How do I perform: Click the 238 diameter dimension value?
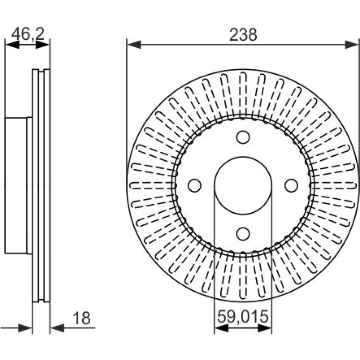[x=243, y=35]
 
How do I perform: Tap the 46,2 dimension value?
[x=28, y=34]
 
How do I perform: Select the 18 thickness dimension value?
[x=81, y=318]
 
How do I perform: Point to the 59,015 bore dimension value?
[x=243, y=316]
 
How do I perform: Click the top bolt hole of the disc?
[x=243, y=137]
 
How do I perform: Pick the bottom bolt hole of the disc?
[x=243, y=234]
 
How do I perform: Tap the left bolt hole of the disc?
[x=194, y=186]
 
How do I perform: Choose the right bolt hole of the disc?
[x=291, y=186]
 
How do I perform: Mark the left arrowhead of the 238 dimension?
[x=134, y=44]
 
